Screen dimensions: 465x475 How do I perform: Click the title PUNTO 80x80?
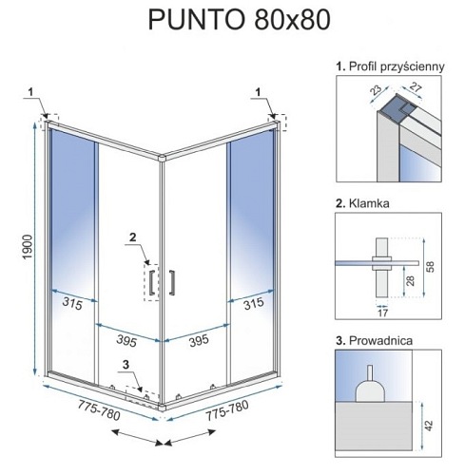point(240,20)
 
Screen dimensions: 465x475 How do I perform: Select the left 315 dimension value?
point(72,303)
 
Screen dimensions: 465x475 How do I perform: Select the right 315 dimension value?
point(254,303)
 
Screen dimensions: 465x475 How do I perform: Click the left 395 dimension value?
point(126,341)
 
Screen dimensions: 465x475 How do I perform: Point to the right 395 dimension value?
point(199,341)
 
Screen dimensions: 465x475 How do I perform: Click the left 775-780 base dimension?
point(99,410)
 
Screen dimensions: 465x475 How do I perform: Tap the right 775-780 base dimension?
point(227,410)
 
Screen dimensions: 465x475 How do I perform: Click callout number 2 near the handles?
point(132,237)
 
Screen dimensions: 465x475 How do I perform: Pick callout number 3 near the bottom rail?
point(126,365)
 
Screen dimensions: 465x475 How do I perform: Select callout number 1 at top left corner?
point(30,92)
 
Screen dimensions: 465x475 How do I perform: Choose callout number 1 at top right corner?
point(258,92)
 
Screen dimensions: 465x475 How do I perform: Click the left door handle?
point(152,282)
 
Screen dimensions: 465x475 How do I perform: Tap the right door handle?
point(172,282)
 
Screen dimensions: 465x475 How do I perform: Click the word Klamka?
point(369,203)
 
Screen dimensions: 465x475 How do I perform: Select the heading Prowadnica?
point(380,341)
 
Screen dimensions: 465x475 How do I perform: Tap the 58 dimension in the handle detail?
point(431,267)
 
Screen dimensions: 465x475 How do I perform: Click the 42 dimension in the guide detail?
point(429,426)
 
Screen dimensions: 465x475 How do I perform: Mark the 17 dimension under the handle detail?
point(383,313)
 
